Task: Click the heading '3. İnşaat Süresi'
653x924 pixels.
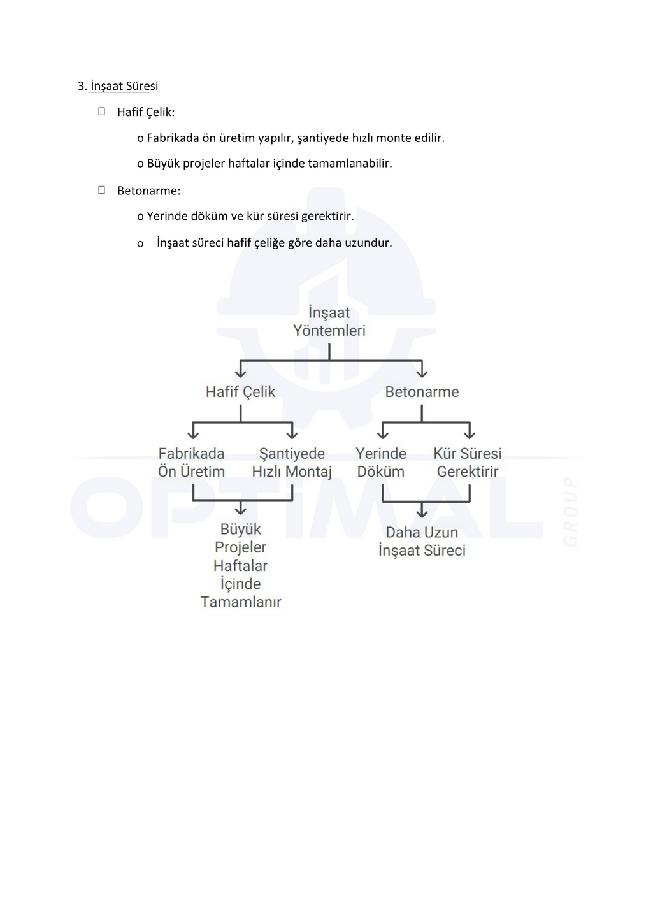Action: click(x=118, y=86)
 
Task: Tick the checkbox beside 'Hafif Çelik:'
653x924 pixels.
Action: click(x=102, y=112)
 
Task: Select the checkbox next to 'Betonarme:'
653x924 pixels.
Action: click(x=102, y=190)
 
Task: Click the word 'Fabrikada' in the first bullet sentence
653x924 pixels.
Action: click(x=173, y=138)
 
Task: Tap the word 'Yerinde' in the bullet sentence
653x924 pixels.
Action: click(x=167, y=216)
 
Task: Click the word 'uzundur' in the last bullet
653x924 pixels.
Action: click(x=368, y=243)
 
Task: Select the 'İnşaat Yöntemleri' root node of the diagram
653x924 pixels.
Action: click(x=329, y=321)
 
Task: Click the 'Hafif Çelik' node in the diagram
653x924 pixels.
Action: click(x=240, y=392)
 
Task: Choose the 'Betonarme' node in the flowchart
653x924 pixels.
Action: click(x=422, y=392)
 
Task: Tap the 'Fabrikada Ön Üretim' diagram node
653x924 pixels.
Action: click(x=191, y=463)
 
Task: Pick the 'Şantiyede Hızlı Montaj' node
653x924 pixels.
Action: click(x=292, y=463)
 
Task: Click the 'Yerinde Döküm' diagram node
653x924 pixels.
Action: click(x=381, y=463)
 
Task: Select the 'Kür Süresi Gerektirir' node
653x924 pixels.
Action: click(x=468, y=463)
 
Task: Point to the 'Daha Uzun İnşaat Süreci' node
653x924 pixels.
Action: click(x=422, y=541)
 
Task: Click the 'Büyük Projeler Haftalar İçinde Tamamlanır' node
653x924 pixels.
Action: click(x=240, y=565)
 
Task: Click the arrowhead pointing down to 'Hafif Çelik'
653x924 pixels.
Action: click(x=240, y=372)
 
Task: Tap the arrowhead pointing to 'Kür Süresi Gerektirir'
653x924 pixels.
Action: click(x=470, y=434)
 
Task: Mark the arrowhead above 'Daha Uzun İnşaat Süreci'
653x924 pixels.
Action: click(x=422, y=512)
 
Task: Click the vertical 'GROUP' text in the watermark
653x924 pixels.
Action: click(x=571, y=511)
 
